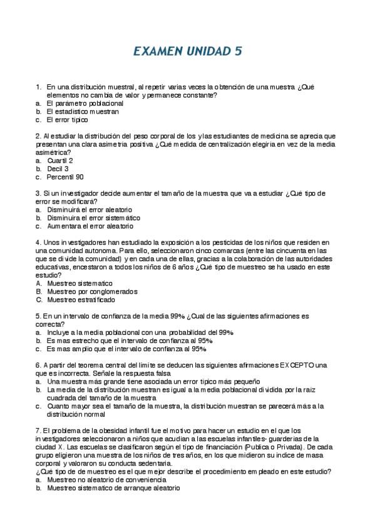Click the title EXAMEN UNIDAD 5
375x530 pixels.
tap(187, 51)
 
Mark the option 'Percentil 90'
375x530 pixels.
tap(65, 177)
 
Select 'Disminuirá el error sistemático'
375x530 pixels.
tap(93, 217)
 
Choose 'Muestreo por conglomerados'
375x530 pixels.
tap(92, 291)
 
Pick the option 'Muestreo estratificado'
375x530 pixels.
tap(81, 299)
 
